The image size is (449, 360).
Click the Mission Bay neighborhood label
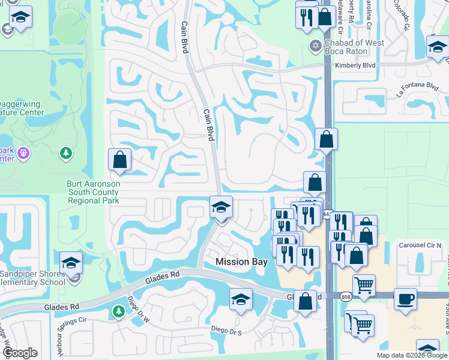241,262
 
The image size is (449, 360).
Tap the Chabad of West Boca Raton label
354,47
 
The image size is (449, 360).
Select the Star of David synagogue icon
315,46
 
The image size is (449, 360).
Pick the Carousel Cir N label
420,245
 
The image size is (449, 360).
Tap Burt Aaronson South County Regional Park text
93,192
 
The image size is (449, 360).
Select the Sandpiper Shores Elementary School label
33,278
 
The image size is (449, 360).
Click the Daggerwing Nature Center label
22,108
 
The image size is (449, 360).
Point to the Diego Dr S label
226,329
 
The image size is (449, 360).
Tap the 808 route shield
345,296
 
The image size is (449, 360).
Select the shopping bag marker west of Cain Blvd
119,160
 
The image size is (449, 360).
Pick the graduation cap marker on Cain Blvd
221,208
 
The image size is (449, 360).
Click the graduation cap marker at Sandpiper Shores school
71,263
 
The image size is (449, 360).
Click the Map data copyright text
412,355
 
